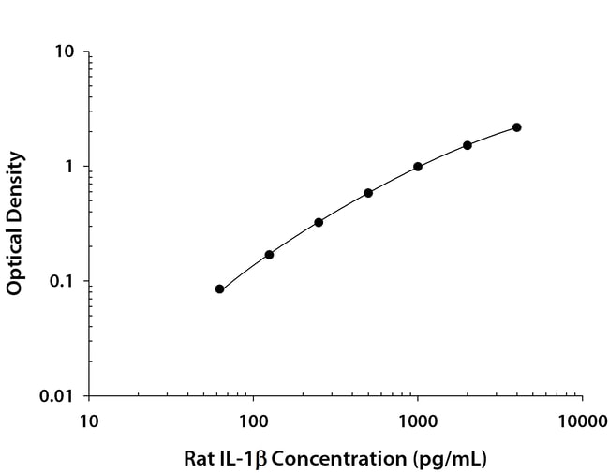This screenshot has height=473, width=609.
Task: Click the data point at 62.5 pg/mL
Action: pos(219,289)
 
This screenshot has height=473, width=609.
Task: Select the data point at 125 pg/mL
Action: pos(269,255)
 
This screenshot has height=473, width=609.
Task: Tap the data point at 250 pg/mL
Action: pos(319,222)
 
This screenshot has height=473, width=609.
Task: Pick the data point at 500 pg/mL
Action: pos(368,193)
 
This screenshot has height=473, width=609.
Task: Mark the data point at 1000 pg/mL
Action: pos(418,167)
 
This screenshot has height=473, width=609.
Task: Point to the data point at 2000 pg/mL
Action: pos(468,145)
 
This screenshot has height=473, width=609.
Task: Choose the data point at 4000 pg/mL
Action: pos(516,127)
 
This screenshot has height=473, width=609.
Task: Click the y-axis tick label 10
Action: pos(65,52)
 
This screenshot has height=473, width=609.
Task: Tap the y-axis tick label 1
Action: pos(69,167)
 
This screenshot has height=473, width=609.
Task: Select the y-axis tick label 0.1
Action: pos(61,281)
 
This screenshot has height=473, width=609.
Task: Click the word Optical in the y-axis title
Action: pos(15,260)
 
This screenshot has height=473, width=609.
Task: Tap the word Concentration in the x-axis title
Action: pos(340,459)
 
